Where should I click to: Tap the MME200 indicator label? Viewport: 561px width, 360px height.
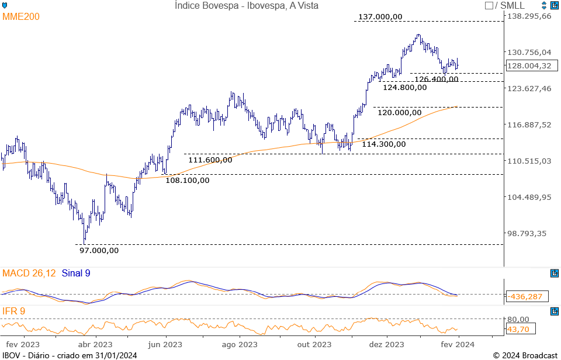pyautogui.click(x=21, y=17)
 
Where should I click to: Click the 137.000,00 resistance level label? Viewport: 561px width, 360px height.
pyautogui.click(x=380, y=17)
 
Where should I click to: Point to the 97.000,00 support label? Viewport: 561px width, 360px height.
pyautogui.click(x=99, y=250)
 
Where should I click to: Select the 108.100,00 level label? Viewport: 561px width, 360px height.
pyautogui.click(x=187, y=180)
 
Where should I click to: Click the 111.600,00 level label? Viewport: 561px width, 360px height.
pyautogui.click(x=210, y=160)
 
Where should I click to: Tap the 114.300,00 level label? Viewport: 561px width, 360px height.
pyautogui.click(x=383, y=144)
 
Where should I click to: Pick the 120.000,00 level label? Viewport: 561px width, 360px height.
pyautogui.click(x=399, y=112)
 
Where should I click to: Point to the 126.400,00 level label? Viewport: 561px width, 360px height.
pyautogui.click(x=436, y=79)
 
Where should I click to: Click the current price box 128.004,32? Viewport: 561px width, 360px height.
pyautogui.click(x=529, y=66)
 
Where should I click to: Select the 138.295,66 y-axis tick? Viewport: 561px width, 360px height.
pyautogui.click(x=529, y=16)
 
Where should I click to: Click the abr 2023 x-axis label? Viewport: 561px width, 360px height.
pyautogui.click(x=95, y=344)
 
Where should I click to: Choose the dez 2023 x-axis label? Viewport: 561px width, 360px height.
pyautogui.click(x=387, y=344)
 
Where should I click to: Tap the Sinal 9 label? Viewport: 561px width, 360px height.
pyautogui.click(x=76, y=273)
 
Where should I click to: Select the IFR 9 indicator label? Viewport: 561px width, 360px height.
pyautogui.click(x=14, y=311)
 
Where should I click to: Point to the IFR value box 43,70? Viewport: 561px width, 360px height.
pyautogui.click(x=518, y=330)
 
